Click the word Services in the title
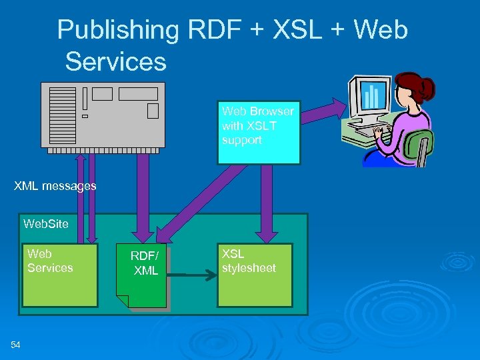[115, 62]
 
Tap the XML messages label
[55, 186]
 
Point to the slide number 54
[16, 344]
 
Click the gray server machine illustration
[103, 114]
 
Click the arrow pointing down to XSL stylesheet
[267, 200]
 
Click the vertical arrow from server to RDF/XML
[142, 193]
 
